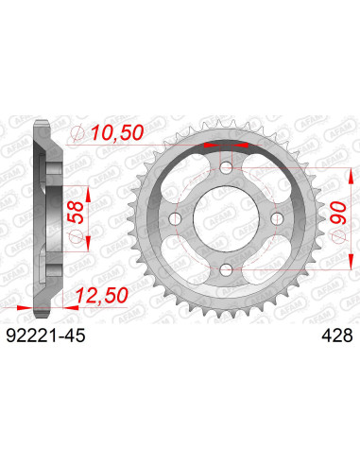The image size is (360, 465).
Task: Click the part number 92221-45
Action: click(43, 335)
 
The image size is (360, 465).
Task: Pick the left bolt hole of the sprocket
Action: click(172, 220)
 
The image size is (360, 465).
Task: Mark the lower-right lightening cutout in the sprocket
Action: click(266, 263)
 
